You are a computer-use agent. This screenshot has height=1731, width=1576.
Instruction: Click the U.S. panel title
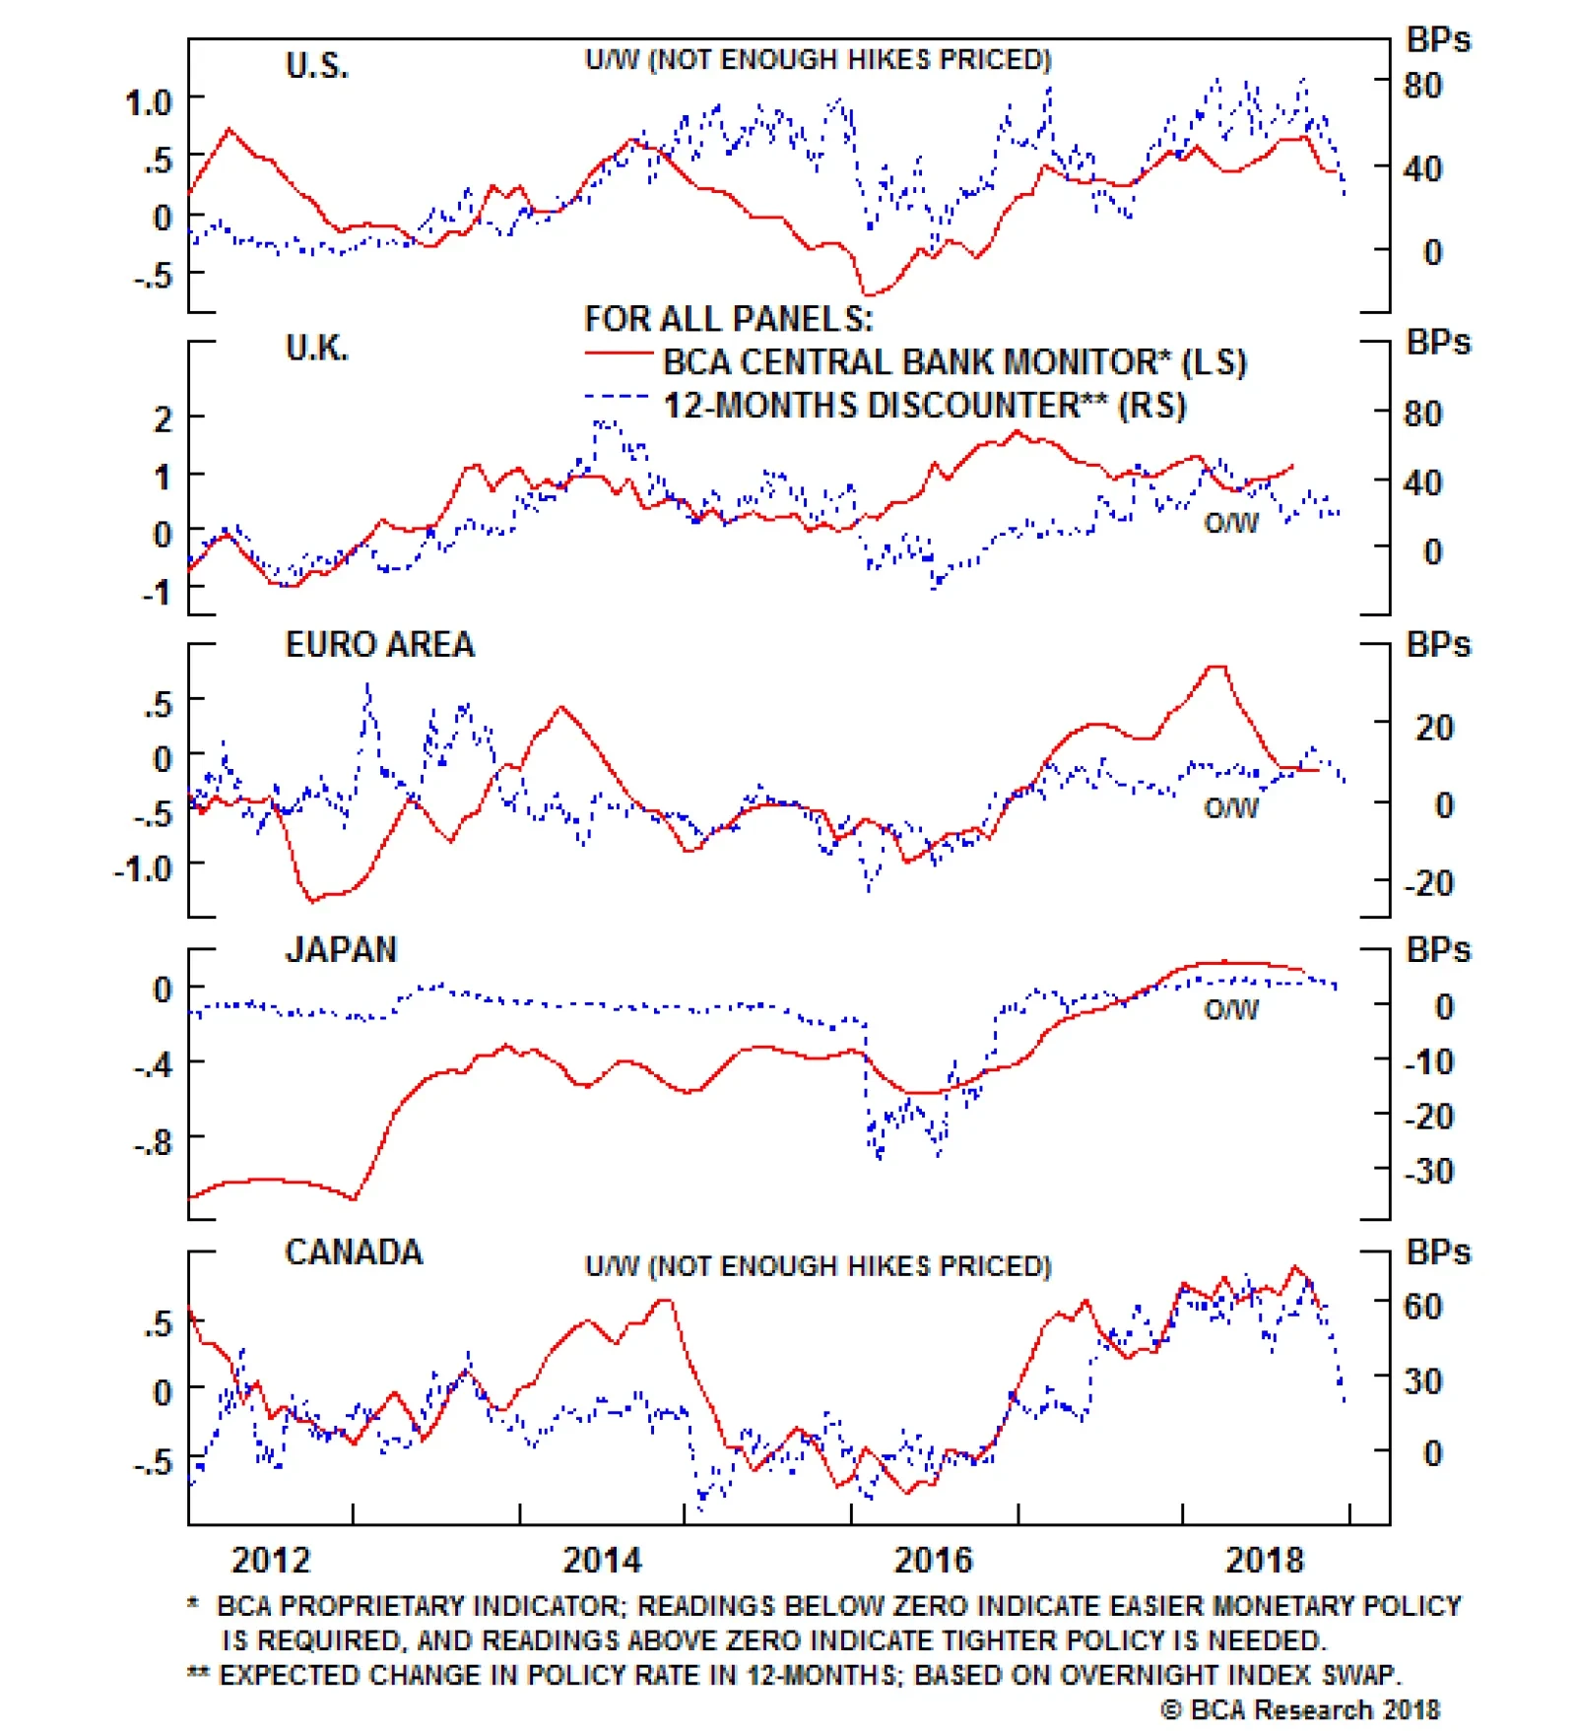tap(316, 66)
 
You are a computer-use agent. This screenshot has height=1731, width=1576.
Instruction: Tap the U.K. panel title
tap(316, 349)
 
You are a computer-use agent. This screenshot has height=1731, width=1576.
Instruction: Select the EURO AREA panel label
tap(379, 645)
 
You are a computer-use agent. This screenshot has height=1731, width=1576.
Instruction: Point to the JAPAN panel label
tap(341, 950)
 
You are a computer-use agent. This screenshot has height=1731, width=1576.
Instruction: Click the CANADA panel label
tap(354, 1252)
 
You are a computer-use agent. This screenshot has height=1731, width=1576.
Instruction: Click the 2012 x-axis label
tap(270, 1561)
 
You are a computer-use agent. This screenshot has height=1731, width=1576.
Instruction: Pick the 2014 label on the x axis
tap(602, 1561)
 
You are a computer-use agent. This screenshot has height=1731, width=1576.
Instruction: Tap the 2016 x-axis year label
tap(933, 1561)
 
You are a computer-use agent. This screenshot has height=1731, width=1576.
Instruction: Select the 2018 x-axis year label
tap(1264, 1561)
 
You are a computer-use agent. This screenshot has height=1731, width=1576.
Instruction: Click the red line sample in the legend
tap(618, 353)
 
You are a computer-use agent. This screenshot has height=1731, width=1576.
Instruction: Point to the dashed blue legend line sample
tap(618, 397)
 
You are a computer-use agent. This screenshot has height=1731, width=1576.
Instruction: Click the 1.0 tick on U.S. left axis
tap(149, 102)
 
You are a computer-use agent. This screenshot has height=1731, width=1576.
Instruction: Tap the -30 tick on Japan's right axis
tap(1428, 1172)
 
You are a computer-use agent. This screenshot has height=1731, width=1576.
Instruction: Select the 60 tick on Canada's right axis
tap(1423, 1307)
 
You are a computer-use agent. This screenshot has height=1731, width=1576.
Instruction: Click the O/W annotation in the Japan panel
tap(1231, 1010)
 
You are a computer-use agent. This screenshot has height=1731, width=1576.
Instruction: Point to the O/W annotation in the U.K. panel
tap(1231, 524)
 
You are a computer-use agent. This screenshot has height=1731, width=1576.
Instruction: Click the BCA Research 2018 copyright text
tap(1300, 1710)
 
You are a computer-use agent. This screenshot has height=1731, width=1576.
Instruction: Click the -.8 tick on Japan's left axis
tap(153, 1143)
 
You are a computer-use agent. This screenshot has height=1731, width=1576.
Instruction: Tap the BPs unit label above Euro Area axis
tap(1438, 645)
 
